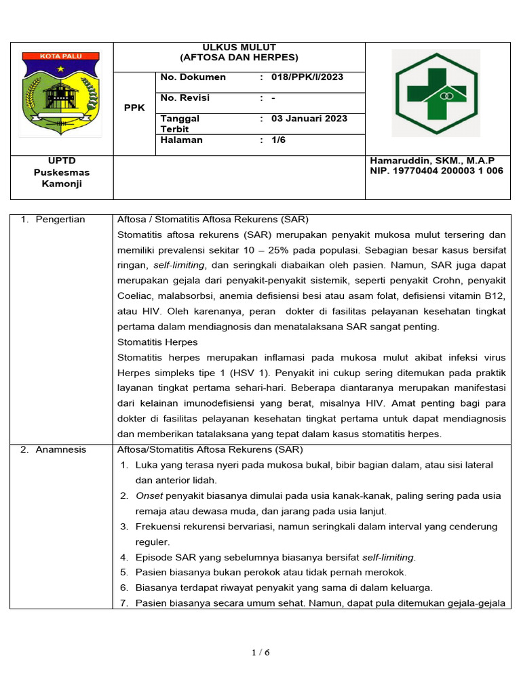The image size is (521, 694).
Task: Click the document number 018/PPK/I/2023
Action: pyautogui.click(x=307, y=77)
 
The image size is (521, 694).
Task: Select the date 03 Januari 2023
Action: pyautogui.click(x=309, y=119)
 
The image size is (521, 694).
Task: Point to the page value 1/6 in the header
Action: pyautogui.click(x=279, y=140)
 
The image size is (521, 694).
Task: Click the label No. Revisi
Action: pyautogui.click(x=185, y=98)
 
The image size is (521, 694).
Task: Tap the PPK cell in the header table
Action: pyautogui.click(x=134, y=108)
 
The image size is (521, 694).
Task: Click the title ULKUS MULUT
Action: pyautogui.click(x=239, y=47)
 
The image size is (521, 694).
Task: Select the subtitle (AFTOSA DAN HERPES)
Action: pyautogui.click(x=239, y=58)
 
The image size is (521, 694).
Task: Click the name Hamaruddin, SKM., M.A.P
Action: pyautogui.click(x=432, y=161)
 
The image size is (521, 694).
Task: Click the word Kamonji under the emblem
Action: pyautogui.click(x=62, y=184)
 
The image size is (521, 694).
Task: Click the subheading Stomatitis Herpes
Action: pyautogui.click(x=157, y=342)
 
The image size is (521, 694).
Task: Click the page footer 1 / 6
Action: pyautogui.click(x=260, y=653)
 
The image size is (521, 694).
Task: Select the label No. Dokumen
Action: pyautogui.click(x=193, y=77)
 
